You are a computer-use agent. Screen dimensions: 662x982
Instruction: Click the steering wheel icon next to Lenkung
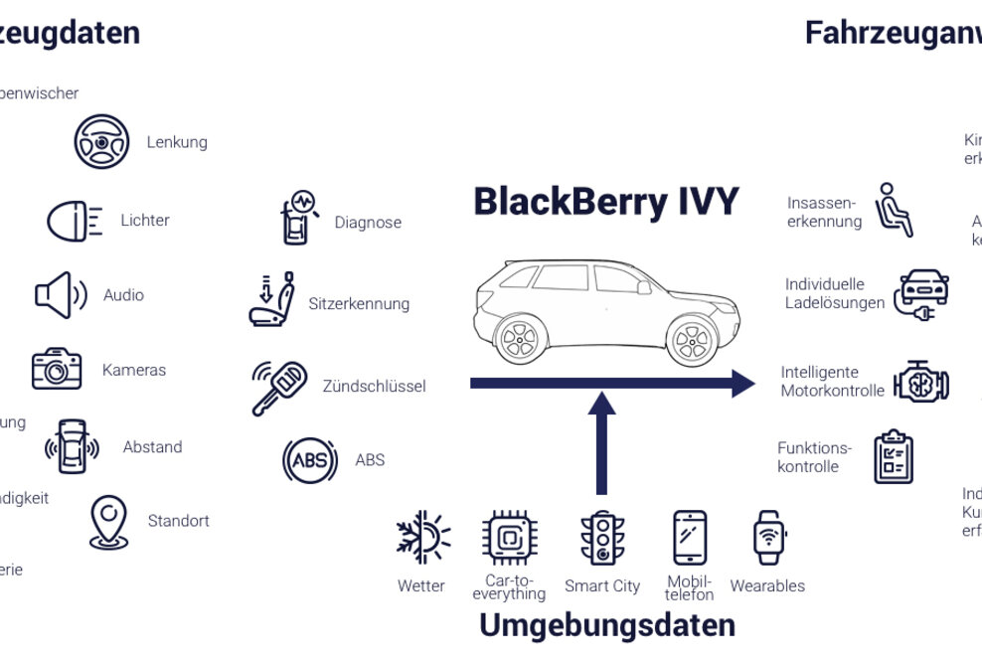point(101,141)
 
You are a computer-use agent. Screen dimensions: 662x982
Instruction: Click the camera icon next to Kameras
point(57,369)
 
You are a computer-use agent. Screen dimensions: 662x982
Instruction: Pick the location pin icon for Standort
point(108,522)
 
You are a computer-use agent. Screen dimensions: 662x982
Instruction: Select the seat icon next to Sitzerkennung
point(272,299)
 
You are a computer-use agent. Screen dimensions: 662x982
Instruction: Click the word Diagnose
point(368,223)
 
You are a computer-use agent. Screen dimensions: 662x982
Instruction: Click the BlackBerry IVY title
point(605,202)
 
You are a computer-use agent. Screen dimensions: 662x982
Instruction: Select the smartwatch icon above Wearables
point(769,538)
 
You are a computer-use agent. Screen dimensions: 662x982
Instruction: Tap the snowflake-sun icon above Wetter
point(422,538)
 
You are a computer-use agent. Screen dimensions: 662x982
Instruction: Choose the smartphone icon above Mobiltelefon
point(690,538)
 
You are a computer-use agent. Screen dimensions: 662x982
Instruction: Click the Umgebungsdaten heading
point(606,626)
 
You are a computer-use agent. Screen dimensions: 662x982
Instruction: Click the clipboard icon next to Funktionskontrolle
point(893,457)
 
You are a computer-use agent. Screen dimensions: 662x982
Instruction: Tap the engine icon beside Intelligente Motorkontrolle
point(921,382)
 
